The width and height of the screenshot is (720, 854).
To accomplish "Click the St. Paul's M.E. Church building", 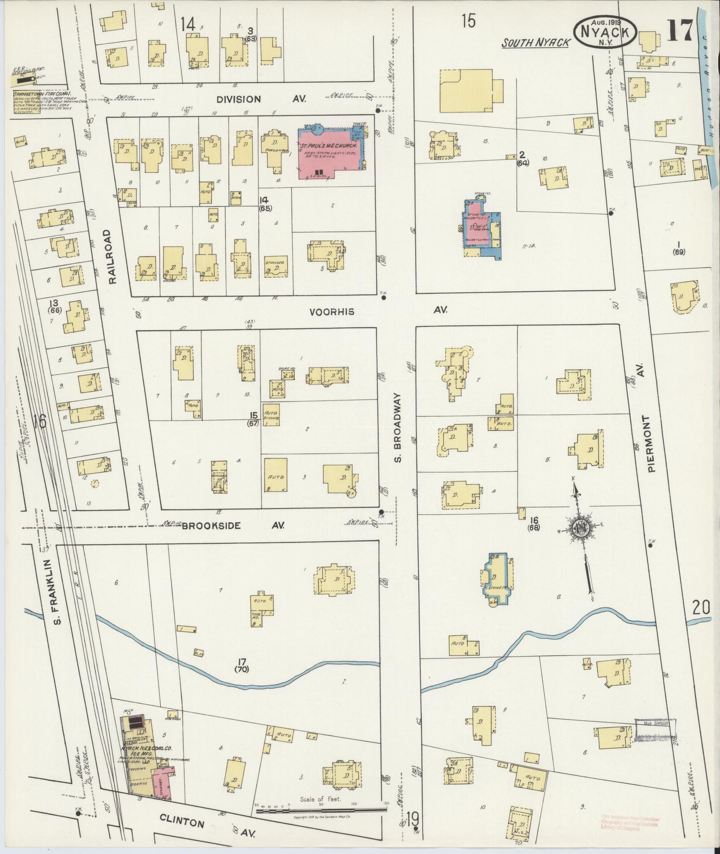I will [333, 154].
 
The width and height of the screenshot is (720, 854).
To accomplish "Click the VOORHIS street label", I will [332, 312].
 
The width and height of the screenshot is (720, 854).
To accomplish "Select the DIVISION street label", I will [238, 100].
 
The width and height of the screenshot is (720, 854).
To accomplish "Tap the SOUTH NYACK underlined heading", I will [536, 43].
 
